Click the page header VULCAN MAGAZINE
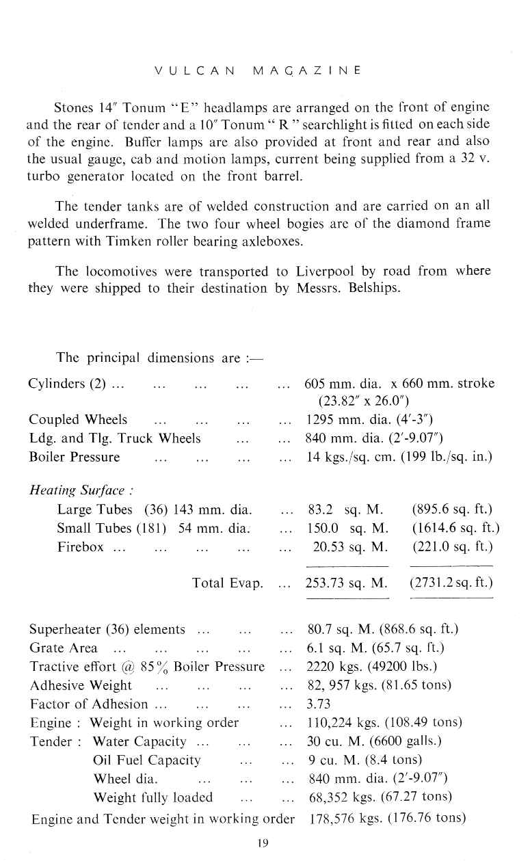(x=258, y=70)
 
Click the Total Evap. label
(x=228, y=583)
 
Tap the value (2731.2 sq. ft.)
(x=451, y=583)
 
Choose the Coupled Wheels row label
(x=78, y=419)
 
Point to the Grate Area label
(x=64, y=648)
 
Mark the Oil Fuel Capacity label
(x=147, y=760)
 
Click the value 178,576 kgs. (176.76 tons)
(x=388, y=818)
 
